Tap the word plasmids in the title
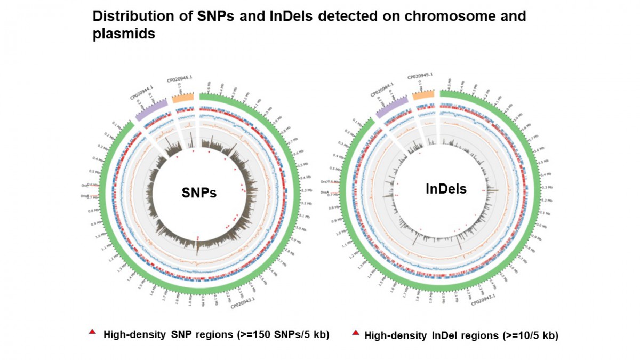tap(124, 34)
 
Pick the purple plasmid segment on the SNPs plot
tap(151, 110)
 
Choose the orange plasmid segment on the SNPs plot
tap(183, 98)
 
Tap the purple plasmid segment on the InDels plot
tap(392, 107)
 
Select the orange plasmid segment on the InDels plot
tap(423, 94)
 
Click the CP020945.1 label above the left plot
tap(179, 78)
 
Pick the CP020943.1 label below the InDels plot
tap(484, 300)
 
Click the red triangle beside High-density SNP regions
tap(92, 332)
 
